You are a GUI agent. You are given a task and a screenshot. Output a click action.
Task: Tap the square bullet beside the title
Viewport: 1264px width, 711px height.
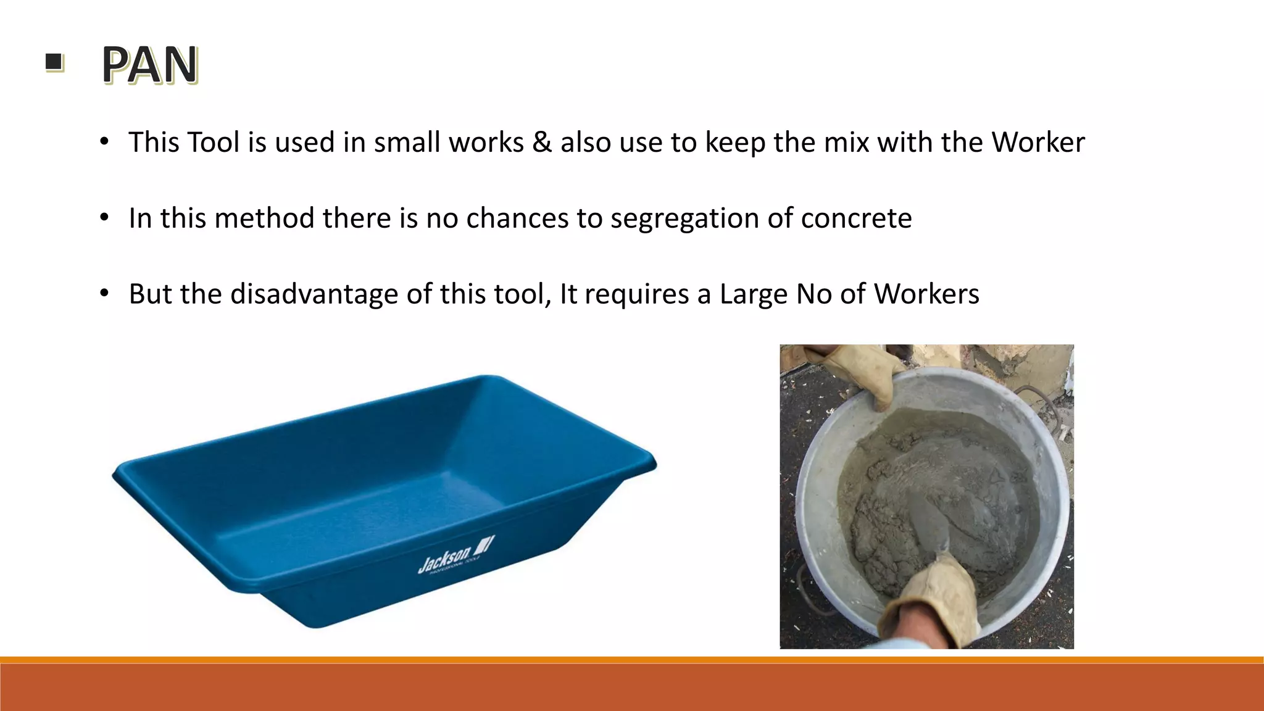tap(54, 62)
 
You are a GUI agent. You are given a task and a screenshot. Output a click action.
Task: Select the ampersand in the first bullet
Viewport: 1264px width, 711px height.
tap(541, 143)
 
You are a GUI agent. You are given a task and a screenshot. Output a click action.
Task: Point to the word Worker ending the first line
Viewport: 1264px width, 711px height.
tap(1038, 143)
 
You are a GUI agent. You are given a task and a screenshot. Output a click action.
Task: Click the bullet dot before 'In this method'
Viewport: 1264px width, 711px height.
tap(104, 218)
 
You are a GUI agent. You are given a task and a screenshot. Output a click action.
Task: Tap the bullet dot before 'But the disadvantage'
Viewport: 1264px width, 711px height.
tap(104, 294)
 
